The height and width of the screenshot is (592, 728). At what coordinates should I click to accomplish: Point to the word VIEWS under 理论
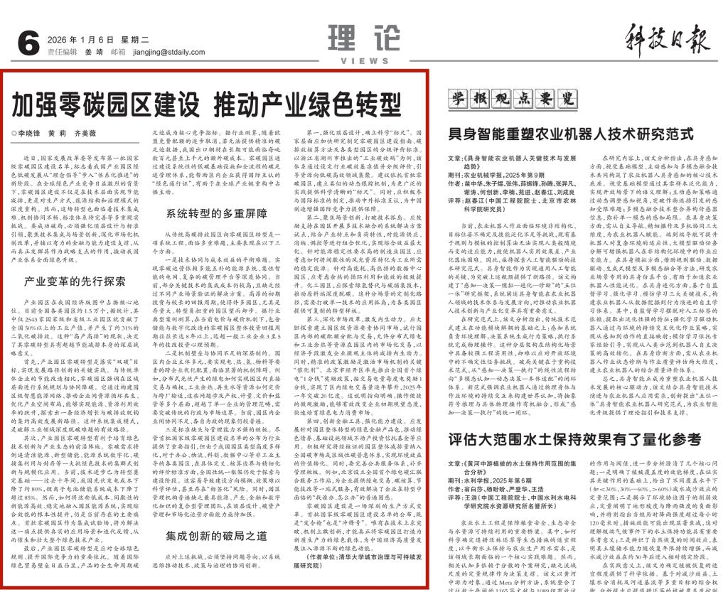pos(354,61)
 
